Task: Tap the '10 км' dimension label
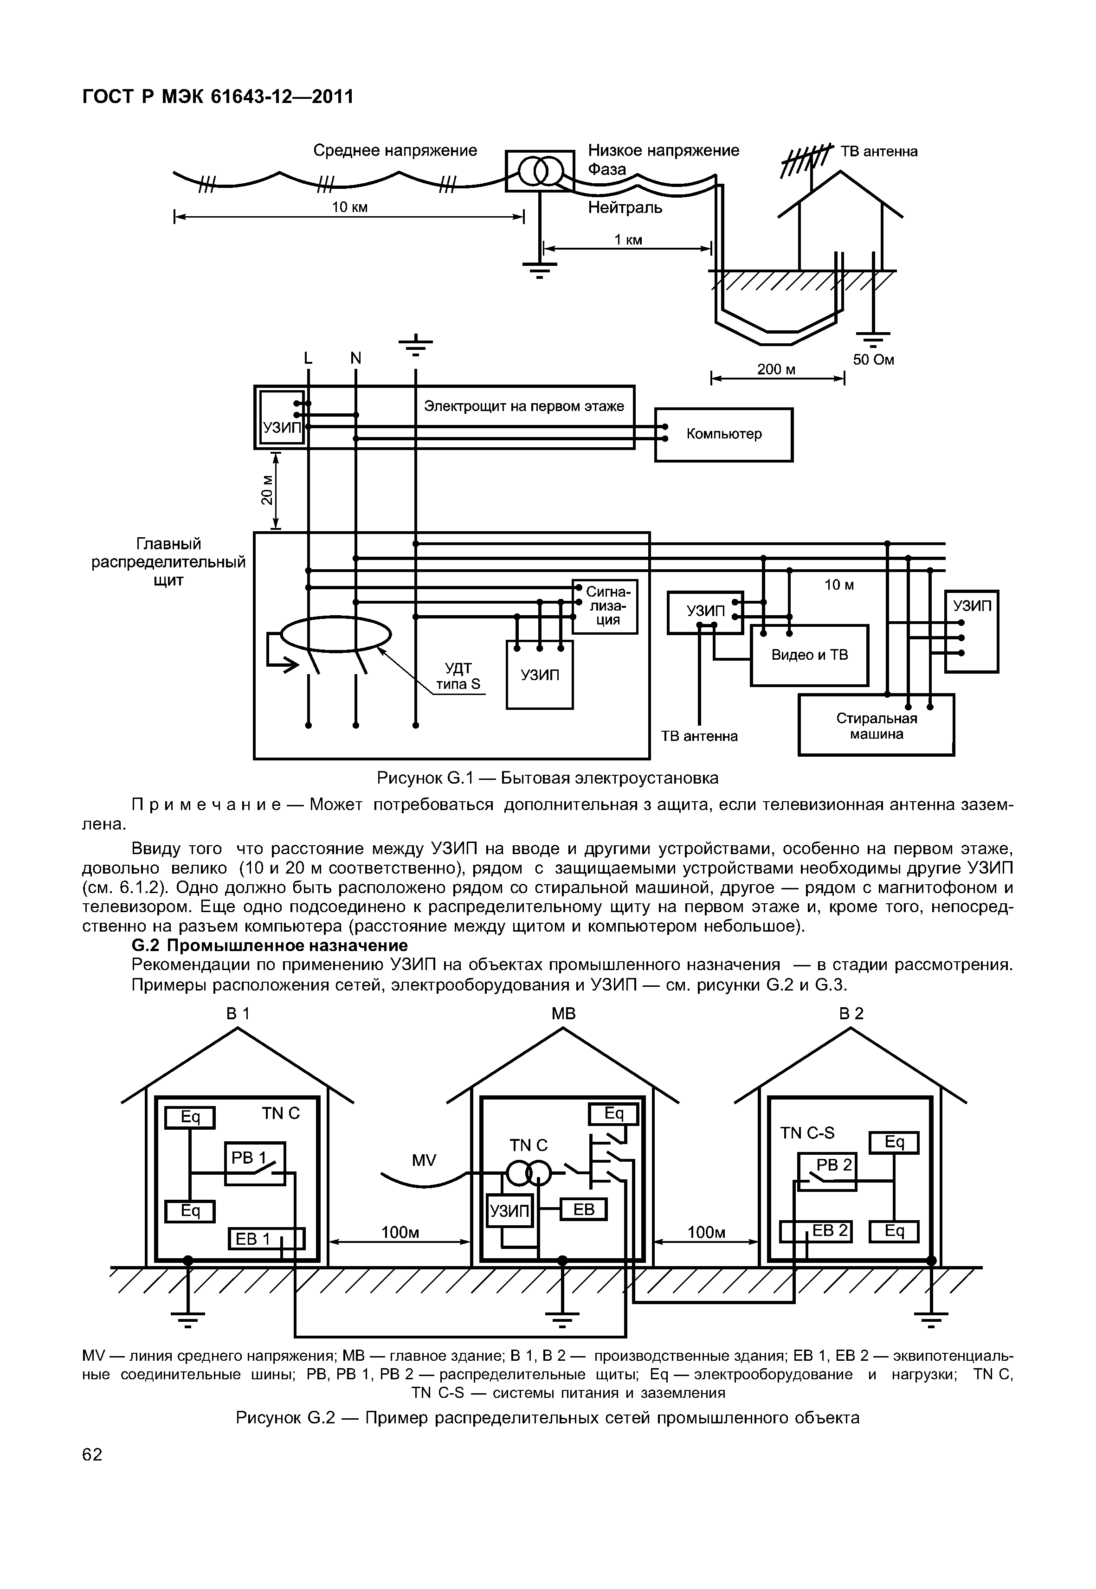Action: pos(350,207)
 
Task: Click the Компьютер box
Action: pos(724,435)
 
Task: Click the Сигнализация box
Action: pos(605,606)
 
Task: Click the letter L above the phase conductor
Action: pos(308,359)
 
